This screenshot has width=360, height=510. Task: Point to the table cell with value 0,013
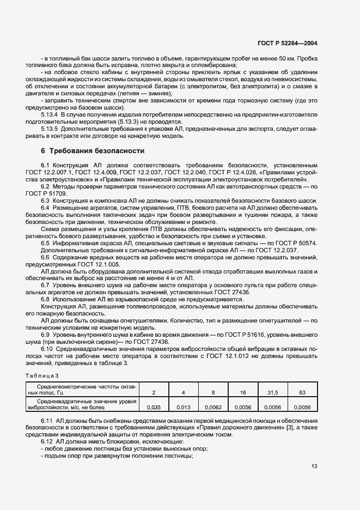[x=184, y=406]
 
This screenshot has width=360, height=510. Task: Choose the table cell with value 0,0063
[x=212, y=406]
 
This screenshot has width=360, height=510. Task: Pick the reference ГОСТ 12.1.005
[x=102, y=264]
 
